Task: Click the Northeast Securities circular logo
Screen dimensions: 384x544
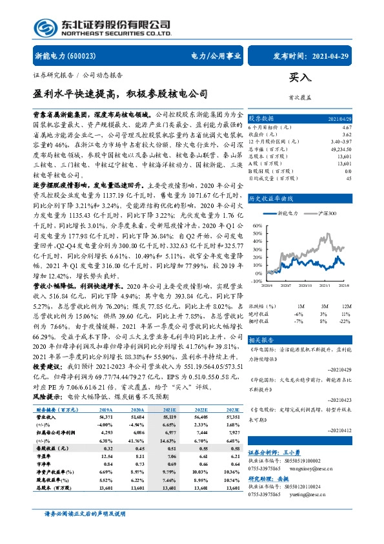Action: tap(43, 28)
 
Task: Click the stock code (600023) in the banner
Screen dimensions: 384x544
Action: tap(83, 56)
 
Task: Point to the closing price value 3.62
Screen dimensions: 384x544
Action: tap(347, 134)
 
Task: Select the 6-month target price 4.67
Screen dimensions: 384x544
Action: tap(347, 129)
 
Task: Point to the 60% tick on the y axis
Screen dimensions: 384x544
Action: tap(257, 224)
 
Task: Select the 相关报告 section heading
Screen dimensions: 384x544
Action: tap(261, 339)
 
